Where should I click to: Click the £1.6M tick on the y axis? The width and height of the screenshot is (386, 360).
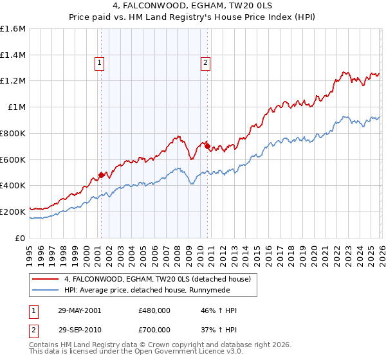pos(13,28)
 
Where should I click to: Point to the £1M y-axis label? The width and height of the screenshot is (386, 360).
pos(17,107)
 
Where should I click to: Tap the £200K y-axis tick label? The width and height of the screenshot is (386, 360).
pos(13,212)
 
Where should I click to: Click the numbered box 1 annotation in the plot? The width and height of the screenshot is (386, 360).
pos(100,62)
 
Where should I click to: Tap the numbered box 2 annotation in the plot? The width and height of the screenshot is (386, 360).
pos(205,62)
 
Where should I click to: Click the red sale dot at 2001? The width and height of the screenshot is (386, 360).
pos(101,175)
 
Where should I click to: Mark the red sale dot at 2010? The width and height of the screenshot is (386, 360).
pos(207,147)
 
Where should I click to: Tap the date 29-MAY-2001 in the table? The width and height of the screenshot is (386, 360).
pos(79,310)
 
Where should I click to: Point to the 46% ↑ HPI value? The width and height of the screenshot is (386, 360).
pos(219,310)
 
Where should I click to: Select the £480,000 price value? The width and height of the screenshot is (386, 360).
pos(154,310)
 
